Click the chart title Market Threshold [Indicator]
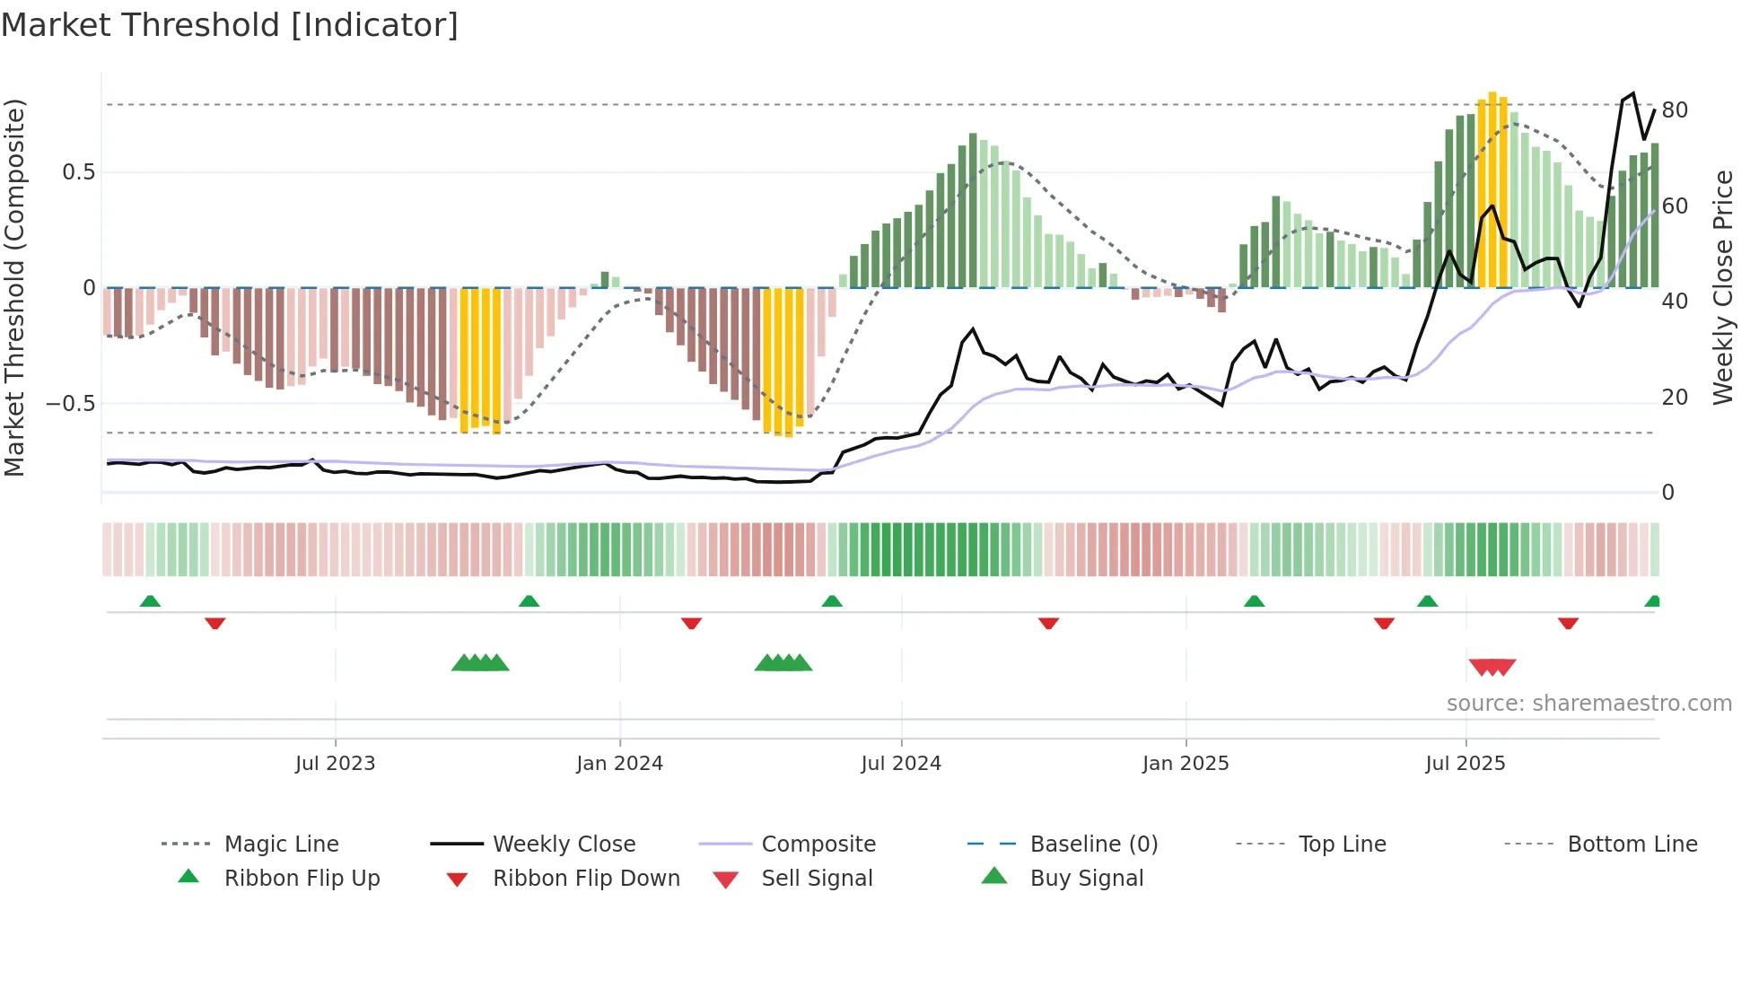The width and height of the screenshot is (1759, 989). tap(230, 25)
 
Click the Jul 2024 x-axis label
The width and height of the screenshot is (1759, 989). tap(901, 764)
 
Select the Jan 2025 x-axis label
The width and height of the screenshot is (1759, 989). tap(1186, 764)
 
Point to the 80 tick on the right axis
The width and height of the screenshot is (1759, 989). tap(1675, 110)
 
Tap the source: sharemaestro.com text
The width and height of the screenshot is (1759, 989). tap(1588, 704)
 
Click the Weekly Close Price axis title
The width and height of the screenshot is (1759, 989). tap(1722, 287)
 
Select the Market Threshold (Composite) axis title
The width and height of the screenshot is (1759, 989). tap(14, 287)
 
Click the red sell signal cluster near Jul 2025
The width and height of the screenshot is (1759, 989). tap(1492, 667)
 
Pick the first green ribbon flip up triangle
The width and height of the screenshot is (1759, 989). tap(150, 601)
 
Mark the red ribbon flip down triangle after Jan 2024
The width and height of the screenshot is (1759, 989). tap(691, 623)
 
